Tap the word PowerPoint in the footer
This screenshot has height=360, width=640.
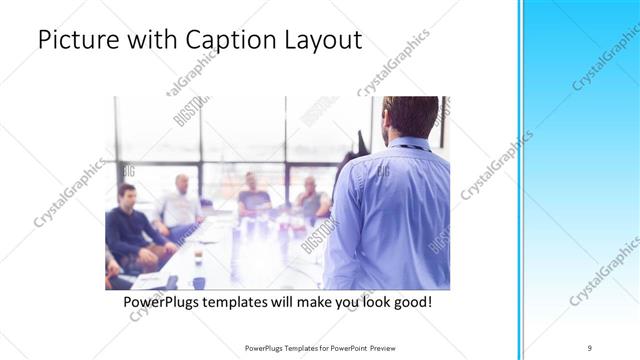tap(337, 348)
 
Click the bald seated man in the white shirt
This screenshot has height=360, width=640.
tap(181, 205)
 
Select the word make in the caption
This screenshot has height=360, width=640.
tap(319, 301)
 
